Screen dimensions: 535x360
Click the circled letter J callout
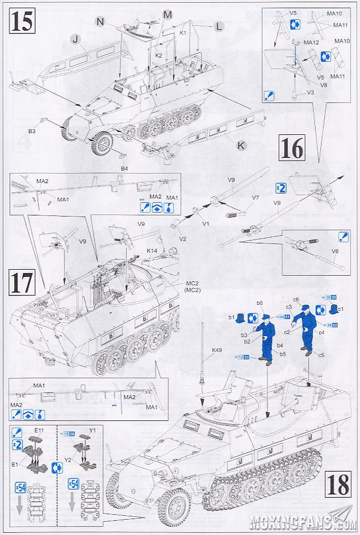[x=75, y=38]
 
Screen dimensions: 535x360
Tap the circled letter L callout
[x=218, y=26]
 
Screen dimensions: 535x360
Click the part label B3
[x=32, y=132]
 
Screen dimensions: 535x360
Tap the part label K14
[x=152, y=251]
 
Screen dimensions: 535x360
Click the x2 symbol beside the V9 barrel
[x=280, y=188]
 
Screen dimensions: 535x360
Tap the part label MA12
[x=311, y=42]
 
